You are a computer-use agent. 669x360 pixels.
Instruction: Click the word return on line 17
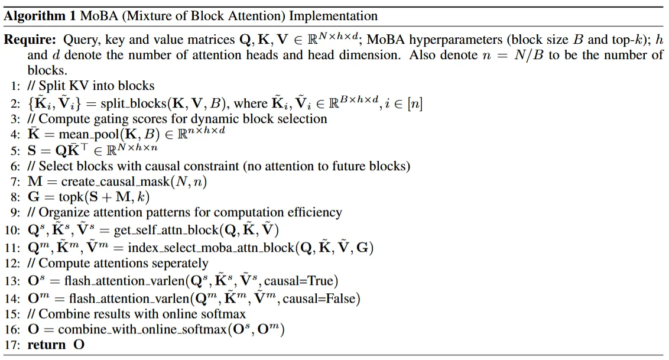click(47, 345)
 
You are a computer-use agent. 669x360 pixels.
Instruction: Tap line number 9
click(16, 212)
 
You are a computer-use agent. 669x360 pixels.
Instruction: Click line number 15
click(13, 314)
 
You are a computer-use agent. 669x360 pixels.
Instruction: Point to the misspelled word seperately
click(176, 264)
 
